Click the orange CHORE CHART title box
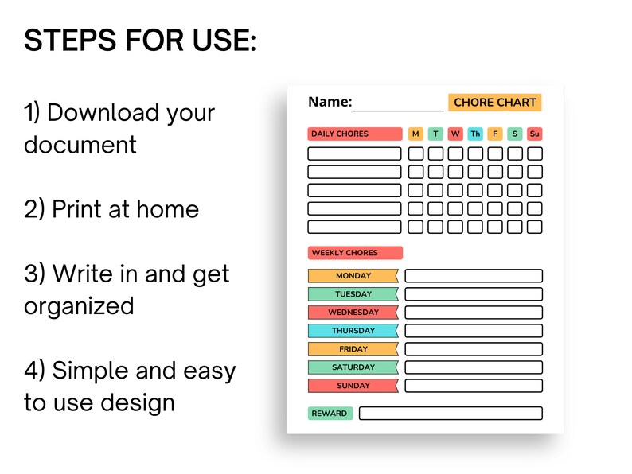pyautogui.click(x=494, y=103)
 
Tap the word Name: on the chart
pyautogui.click(x=330, y=103)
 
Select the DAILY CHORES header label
pyautogui.click(x=354, y=134)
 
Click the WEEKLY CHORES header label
pyautogui.click(x=355, y=253)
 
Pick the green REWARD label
pyautogui.click(x=330, y=414)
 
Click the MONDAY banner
pyautogui.click(x=353, y=276)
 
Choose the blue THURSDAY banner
pyautogui.click(x=353, y=331)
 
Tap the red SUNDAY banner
pyautogui.click(x=353, y=386)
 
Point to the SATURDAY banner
pyautogui.click(x=353, y=367)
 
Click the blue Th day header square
pyautogui.click(x=475, y=134)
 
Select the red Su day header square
pyautogui.click(x=535, y=134)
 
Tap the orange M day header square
pyautogui.click(x=415, y=134)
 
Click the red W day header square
pyautogui.click(x=455, y=134)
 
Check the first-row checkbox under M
pyautogui.click(x=415, y=153)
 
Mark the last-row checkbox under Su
pyautogui.click(x=535, y=227)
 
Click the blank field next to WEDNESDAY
pyautogui.click(x=474, y=313)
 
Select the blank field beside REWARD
pyautogui.click(x=451, y=414)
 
